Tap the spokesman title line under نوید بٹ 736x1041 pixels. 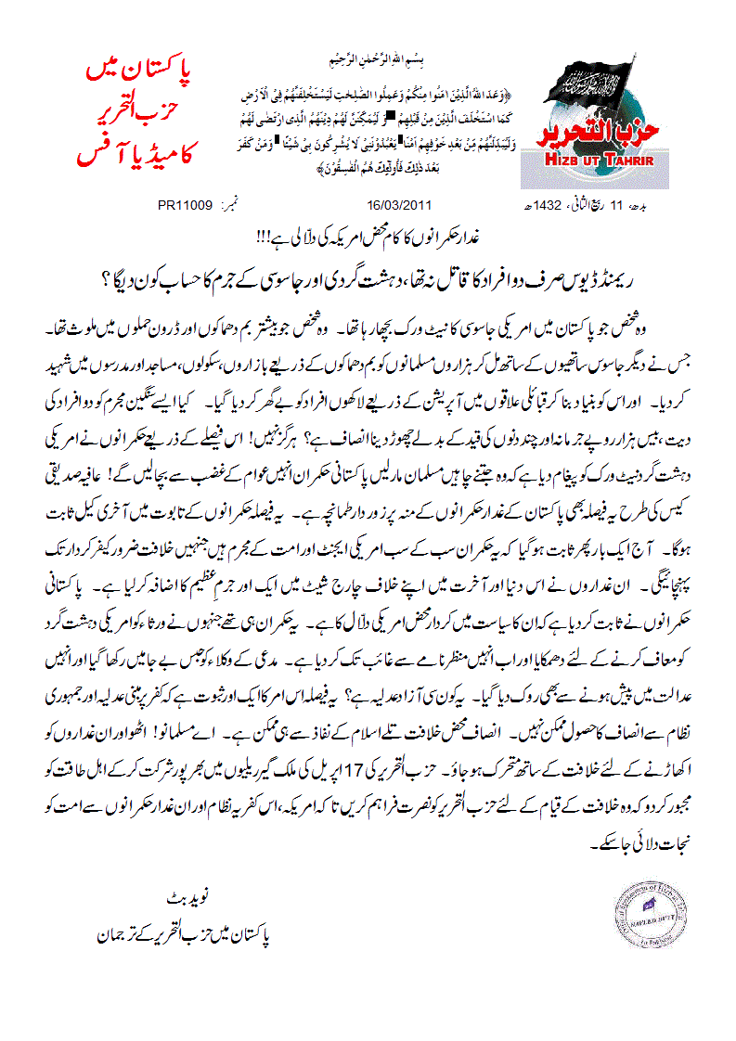point(182,936)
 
